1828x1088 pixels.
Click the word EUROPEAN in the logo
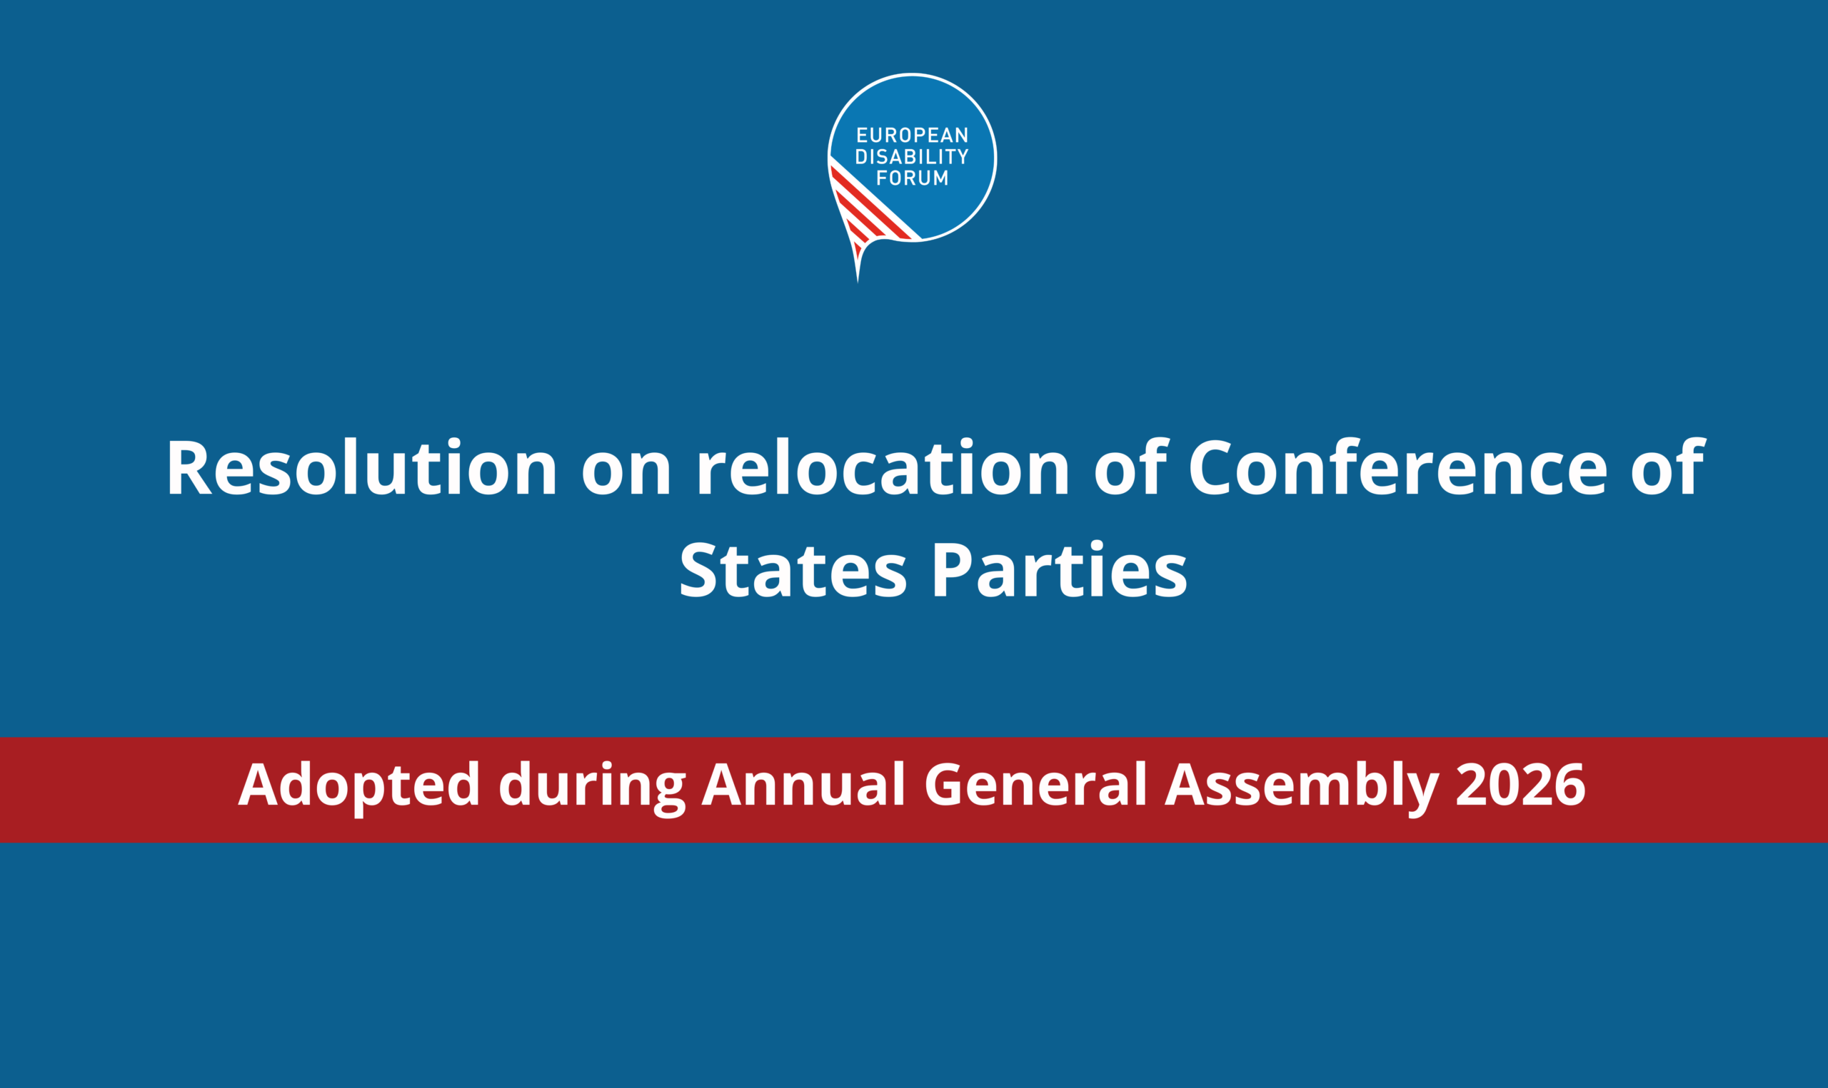912,136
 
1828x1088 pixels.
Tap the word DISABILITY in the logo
912,157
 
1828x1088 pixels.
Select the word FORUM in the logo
912,178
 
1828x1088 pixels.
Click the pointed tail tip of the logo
858,282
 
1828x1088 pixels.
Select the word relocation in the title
883,468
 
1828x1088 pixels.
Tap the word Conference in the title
1397,468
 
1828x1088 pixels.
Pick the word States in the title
793,569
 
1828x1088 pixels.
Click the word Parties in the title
1058,569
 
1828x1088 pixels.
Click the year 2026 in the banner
1520,786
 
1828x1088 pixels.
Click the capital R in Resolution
189,468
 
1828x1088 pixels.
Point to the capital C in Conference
1210,468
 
